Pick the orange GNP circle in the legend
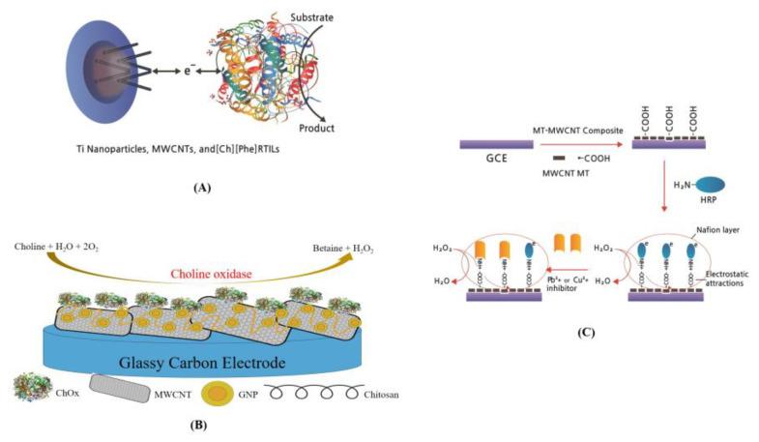pyautogui.click(x=211, y=394)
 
